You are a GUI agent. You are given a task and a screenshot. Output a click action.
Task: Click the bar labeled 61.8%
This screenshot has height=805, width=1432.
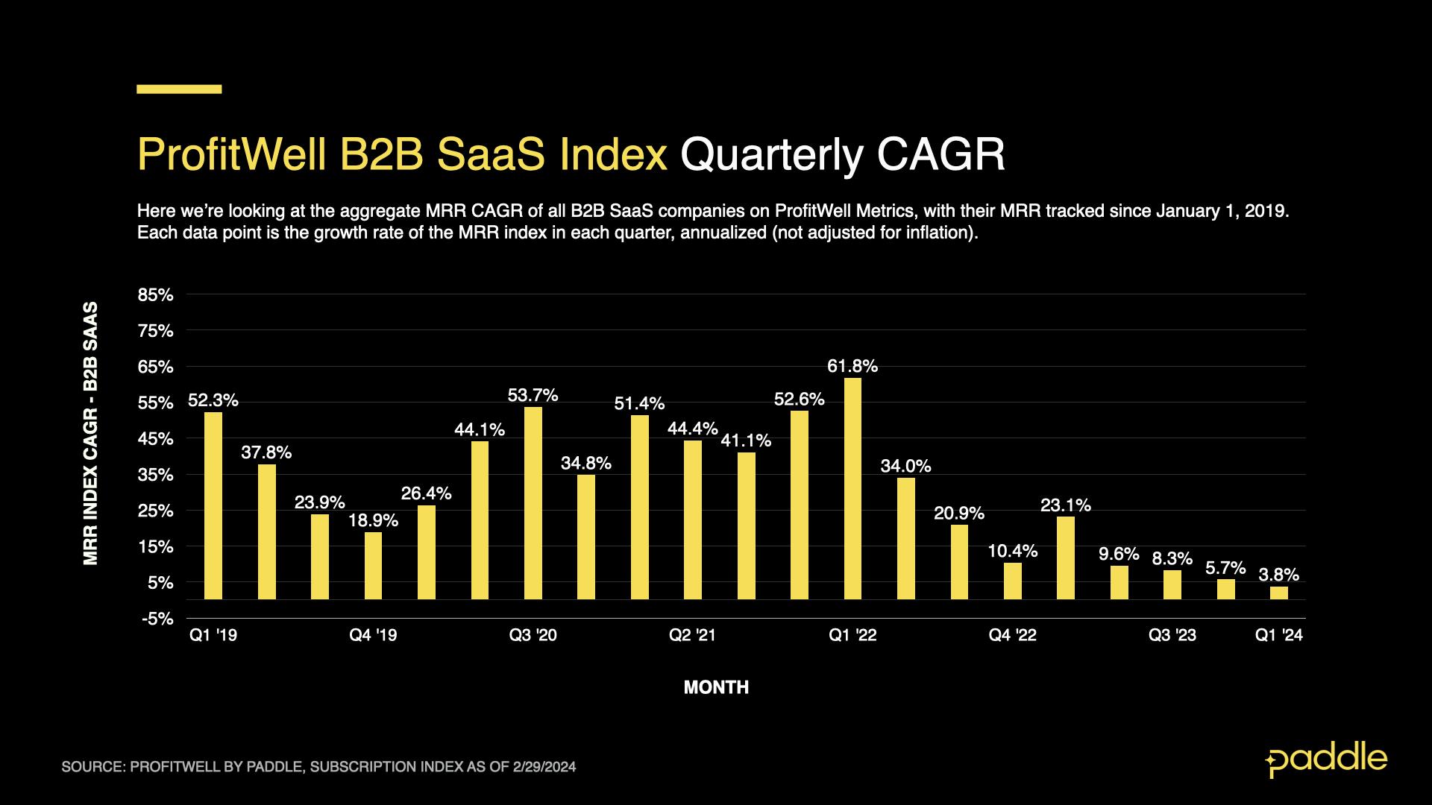pos(852,488)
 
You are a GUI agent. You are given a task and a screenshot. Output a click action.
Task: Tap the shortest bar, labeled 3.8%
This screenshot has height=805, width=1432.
pos(1278,593)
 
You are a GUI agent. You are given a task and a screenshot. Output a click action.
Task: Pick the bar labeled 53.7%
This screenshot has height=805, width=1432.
pos(533,503)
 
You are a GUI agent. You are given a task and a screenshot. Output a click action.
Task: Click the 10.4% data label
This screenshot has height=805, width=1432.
pos(1012,551)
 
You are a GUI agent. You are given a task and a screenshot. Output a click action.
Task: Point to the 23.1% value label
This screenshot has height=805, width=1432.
pos(1065,505)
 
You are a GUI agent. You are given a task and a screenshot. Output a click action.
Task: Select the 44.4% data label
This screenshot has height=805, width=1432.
pos(692,429)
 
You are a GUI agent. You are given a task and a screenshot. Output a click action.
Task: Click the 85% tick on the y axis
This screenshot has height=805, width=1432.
pos(155,295)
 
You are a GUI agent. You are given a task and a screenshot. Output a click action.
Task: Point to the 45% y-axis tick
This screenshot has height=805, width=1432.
pos(155,439)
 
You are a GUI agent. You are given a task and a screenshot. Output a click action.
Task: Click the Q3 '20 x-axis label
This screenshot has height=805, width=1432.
pos(533,635)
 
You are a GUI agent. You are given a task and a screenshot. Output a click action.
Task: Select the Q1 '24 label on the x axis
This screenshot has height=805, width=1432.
pos(1278,635)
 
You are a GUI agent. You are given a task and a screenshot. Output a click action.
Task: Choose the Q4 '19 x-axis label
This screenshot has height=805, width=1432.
pos(373,635)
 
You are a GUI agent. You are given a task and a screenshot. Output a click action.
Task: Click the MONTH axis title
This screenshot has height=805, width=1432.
pos(716,687)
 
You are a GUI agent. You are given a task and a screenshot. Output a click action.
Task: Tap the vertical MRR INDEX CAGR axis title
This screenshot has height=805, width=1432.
pos(91,432)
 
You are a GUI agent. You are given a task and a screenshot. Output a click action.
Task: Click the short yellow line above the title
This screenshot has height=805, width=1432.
pos(179,89)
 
